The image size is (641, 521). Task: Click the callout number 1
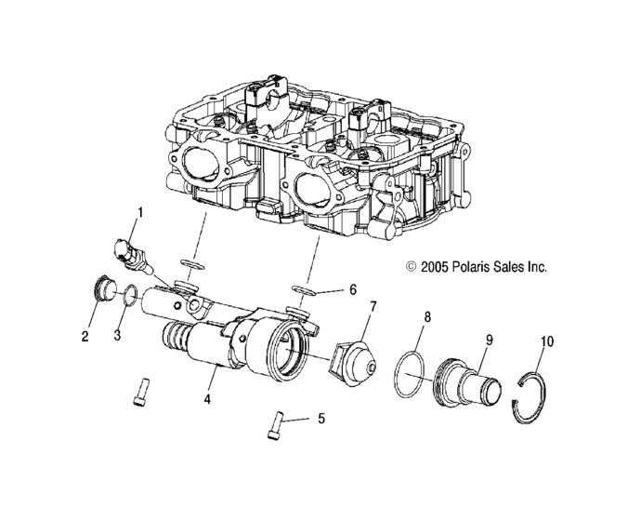tap(140, 213)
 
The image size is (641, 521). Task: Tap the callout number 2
tap(85, 337)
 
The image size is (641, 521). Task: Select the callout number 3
tap(117, 336)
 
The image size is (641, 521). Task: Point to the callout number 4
tap(207, 399)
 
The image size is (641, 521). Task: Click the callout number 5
tap(321, 419)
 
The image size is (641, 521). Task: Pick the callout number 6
tap(353, 289)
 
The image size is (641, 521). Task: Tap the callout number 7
tap(373, 305)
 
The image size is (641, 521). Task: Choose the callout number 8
tap(427, 317)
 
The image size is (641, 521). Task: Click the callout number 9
tap(490, 340)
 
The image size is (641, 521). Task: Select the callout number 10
tap(547, 341)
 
